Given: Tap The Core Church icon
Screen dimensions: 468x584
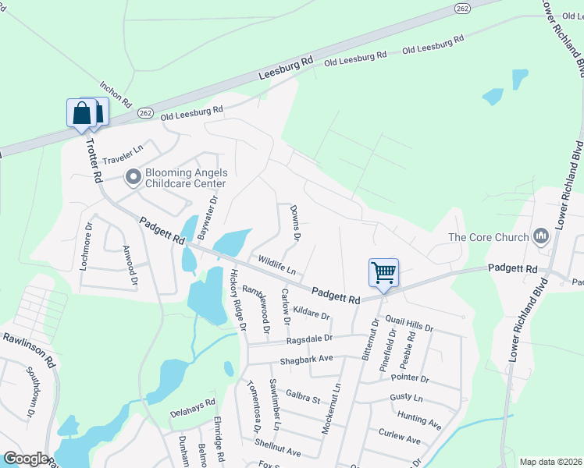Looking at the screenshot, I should pos(540,236).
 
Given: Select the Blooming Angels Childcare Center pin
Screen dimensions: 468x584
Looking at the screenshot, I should pos(134,178).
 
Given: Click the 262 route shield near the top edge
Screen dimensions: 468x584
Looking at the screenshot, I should pos(462,7).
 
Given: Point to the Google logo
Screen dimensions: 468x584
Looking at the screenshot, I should pos(25,459).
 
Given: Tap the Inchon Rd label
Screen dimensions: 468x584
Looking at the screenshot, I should pos(116,94).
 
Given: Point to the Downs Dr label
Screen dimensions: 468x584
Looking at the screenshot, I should pos(295,222).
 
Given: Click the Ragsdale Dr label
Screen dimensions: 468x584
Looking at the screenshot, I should pos(309,339).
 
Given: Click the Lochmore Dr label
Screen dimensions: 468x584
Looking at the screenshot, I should pos(86,247).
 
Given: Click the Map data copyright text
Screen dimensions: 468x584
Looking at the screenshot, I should pos(550,462).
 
